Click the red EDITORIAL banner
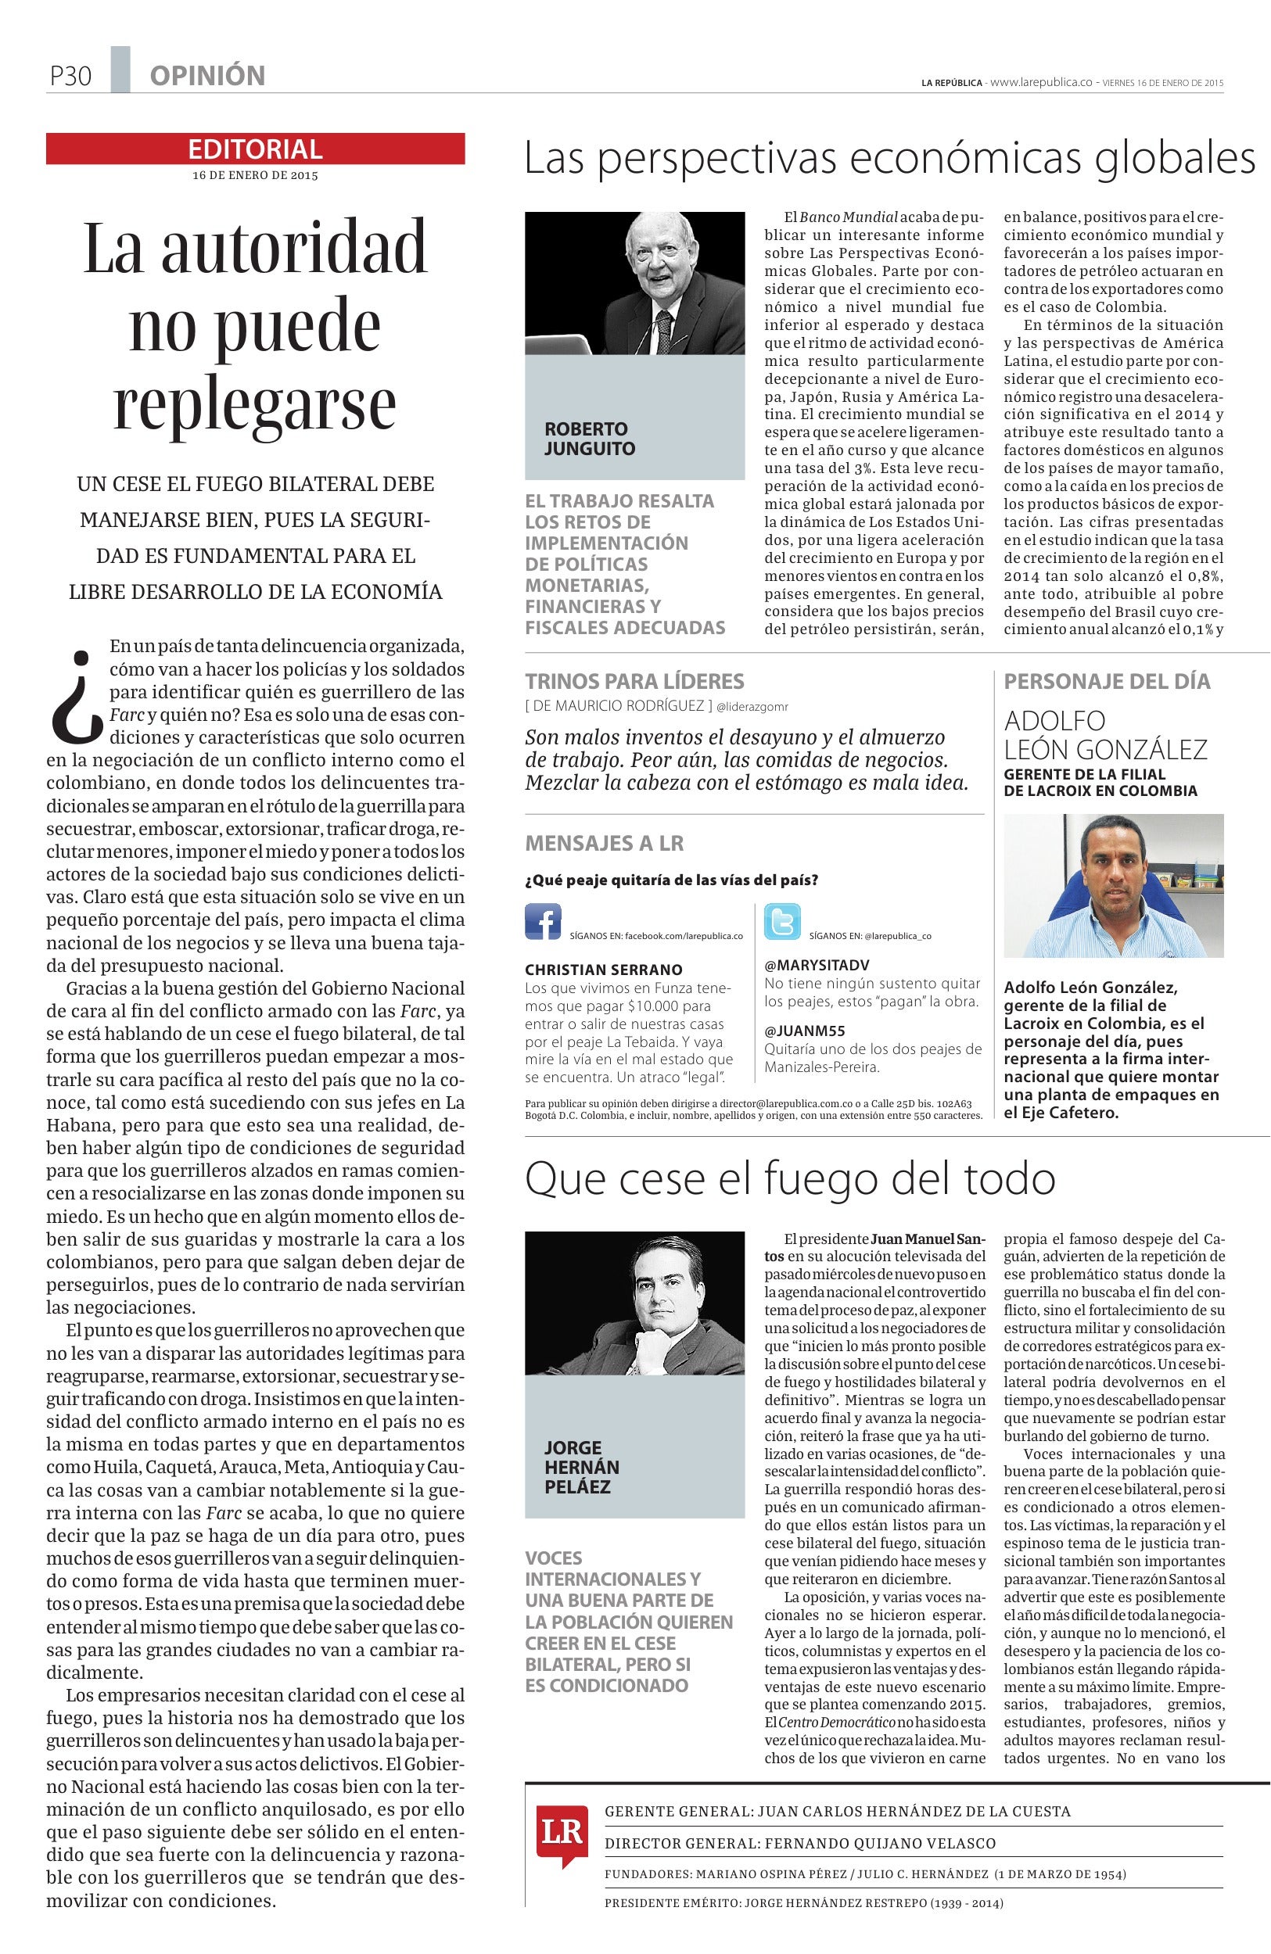254,149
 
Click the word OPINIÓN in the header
207,77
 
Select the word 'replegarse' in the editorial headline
254,402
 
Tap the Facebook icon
543,921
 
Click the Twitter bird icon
781,921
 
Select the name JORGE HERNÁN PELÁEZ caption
581,1466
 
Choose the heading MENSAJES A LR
604,843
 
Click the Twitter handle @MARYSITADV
816,964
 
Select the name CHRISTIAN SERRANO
604,970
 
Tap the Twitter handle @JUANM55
805,1031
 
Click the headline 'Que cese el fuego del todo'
789,1179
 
